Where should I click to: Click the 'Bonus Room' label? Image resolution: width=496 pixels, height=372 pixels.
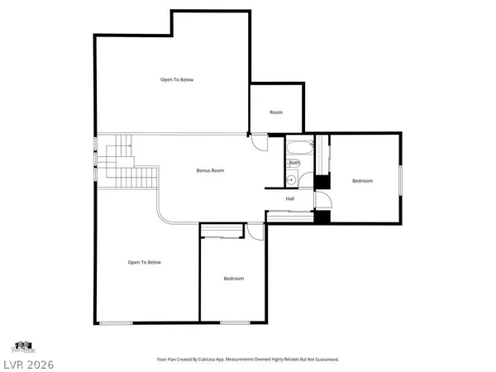210,170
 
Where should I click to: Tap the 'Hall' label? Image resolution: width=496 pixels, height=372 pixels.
290,199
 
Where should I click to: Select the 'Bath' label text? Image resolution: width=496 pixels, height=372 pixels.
294,163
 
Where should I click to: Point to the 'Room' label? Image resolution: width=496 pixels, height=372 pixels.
276,112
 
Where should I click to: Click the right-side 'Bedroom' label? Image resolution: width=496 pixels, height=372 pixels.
362,181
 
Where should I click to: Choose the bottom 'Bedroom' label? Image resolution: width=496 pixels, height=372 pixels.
234,279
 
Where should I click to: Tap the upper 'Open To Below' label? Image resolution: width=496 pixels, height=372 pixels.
177,79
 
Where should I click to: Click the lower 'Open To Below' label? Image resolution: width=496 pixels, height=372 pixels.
144,262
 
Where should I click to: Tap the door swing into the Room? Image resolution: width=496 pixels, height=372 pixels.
260,142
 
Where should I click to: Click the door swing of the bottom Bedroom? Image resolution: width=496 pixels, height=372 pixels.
256,232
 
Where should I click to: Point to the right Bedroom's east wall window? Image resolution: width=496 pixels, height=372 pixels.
401,180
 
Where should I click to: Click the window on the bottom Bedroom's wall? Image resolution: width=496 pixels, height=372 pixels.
235,322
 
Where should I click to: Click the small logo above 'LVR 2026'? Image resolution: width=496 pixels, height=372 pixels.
22,345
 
